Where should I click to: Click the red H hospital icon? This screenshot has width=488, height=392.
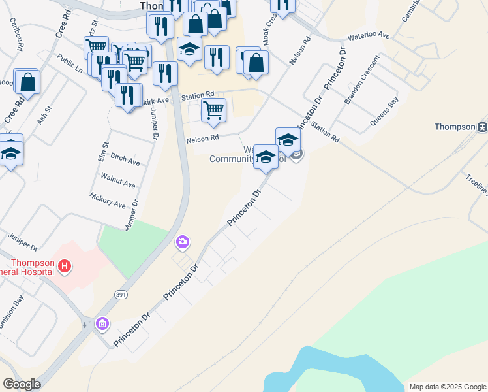(65, 266)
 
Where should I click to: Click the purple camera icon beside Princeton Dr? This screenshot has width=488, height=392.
(182, 243)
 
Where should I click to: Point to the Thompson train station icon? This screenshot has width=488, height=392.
(482, 127)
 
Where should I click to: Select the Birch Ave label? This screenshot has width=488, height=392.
(125, 161)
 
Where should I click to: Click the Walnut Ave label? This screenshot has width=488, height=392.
(118, 180)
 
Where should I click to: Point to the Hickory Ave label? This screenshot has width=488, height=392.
(108, 200)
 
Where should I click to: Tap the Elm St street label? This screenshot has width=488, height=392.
(103, 153)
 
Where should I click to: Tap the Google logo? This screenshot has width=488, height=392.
(22, 384)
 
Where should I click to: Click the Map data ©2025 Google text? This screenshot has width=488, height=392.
(448, 387)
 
